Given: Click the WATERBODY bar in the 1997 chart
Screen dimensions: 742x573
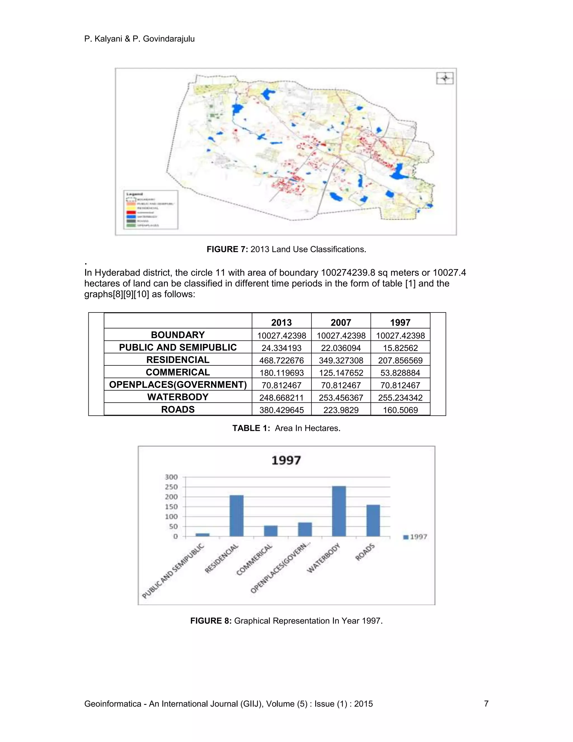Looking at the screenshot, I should click(x=339, y=511).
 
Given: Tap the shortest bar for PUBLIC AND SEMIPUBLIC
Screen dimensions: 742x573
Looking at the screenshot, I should click(x=202, y=535).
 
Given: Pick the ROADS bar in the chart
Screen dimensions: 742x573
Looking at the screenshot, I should click(x=373, y=521).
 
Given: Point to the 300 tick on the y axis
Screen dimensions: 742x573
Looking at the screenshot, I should click(x=172, y=477).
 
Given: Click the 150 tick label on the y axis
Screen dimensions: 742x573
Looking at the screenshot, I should click(x=172, y=507).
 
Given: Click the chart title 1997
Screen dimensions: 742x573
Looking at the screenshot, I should click(x=286, y=460).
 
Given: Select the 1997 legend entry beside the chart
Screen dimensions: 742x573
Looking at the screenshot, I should click(x=415, y=537).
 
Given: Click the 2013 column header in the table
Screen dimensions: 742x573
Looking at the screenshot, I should click(x=281, y=322).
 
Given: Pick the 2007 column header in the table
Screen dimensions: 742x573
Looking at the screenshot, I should click(x=341, y=322).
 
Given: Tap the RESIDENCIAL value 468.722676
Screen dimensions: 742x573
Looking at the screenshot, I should click(x=281, y=360).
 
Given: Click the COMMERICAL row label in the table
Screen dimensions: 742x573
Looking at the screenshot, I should click(x=178, y=372).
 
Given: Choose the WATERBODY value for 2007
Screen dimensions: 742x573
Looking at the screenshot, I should click(x=341, y=398).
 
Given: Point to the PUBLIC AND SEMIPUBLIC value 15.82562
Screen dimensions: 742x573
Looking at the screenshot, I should click(x=400, y=348).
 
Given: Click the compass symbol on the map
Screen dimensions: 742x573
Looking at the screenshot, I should click(x=445, y=78).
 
